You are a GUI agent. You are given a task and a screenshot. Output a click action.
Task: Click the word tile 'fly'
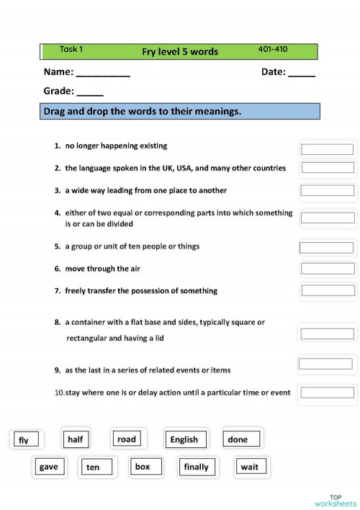pos(24,440)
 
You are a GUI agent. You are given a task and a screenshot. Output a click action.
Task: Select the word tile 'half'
pos(76,439)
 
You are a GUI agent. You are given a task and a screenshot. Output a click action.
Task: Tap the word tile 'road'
pos(126,439)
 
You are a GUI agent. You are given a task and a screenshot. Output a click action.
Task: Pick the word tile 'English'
pos(184,439)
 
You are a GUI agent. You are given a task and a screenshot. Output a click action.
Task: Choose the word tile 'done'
pos(238,439)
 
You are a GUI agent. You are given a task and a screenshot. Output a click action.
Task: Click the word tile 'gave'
pos(49,467)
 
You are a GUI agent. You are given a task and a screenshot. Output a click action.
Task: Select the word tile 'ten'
pos(94,467)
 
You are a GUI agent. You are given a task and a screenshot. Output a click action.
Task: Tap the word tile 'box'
pos(143,467)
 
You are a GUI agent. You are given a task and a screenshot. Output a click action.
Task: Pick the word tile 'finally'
pos(197,467)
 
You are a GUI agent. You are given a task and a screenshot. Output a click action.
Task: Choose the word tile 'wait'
pos(250,467)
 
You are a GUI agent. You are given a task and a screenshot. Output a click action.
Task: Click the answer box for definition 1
pos(327,149)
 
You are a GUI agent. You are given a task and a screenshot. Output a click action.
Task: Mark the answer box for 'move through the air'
pos(328,269)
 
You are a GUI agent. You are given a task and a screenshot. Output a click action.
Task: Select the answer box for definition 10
pos(327,393)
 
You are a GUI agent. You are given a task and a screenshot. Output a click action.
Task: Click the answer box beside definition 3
pos(328,191)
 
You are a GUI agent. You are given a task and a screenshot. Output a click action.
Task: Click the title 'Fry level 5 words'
pos(180,52)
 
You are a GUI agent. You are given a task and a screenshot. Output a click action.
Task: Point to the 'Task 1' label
pos(71,50)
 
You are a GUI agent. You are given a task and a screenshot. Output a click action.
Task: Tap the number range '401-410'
pos(272,50)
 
